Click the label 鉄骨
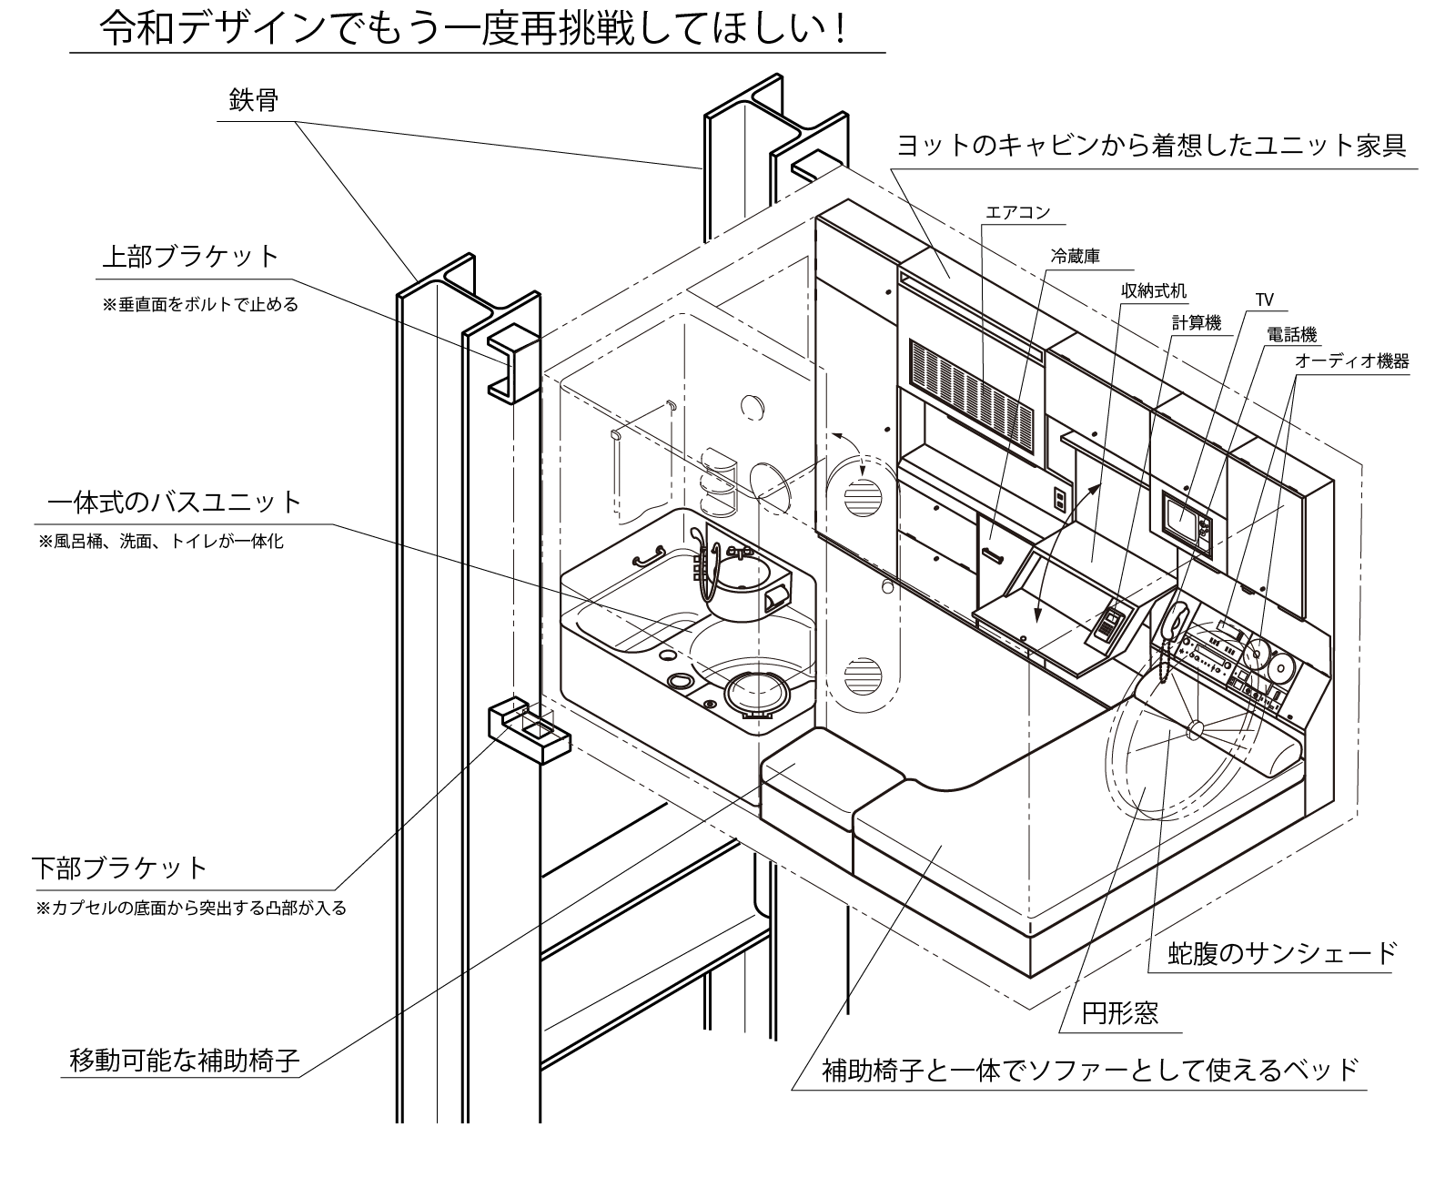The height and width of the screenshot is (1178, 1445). point(253,100)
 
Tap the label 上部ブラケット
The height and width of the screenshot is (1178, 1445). point(189,256)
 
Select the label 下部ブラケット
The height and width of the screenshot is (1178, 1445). point(120,867)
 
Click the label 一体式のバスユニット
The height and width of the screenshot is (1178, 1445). point(174,502)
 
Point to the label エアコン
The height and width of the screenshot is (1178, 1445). point(1017,213)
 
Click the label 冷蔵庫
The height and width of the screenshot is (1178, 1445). point(1076,258)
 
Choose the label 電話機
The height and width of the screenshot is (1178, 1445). point(1291,335)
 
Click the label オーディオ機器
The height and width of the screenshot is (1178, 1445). point(1351,361)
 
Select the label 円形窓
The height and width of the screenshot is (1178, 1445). point(1120,1013)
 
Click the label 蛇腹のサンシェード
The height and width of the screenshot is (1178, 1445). point(1281,953)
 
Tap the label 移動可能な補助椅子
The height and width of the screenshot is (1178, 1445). point(185,1061)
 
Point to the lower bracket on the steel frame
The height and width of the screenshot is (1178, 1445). point(528,728)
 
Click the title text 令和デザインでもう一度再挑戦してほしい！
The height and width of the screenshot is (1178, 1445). point(474,29)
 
